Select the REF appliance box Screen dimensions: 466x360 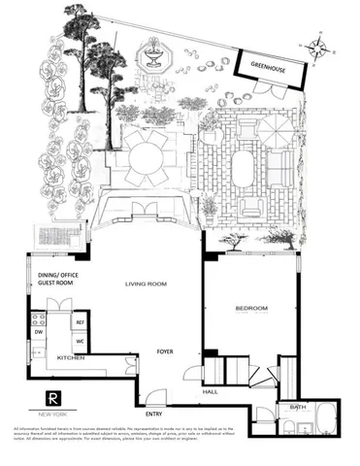[81, 321]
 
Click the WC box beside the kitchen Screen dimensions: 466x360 [81, 341]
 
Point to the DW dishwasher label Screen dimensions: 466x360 [40, 330]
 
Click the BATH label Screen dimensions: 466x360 [296, 408]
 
